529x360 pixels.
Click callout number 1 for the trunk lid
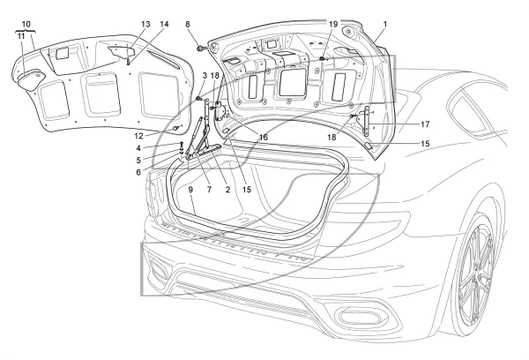tap(385, 25)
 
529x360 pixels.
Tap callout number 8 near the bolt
tap(188, 25)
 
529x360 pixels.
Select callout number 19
tap(333, 25)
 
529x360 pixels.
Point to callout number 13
tap(145, 25)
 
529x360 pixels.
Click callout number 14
tap(164, 25)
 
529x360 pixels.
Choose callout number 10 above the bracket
tap(26, 24)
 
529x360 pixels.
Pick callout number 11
tap(21, 36)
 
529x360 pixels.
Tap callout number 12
tap(138, 136)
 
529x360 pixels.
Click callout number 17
tap(425, 124)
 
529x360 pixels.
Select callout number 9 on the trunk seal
tap(190, 190)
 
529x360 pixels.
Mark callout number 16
tap(263, 137)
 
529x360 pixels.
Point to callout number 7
tap(209, 190)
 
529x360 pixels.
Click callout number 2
tap(227, 190)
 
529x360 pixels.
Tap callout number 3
tap(205, 75)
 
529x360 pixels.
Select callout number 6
tap(138, 173)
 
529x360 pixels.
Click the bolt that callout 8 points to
tap(200, 49)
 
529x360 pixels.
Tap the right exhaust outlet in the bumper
tap(359, 317)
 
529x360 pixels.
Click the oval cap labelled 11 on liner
tap(30, 79)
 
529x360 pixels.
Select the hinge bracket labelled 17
tap(366, 121)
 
